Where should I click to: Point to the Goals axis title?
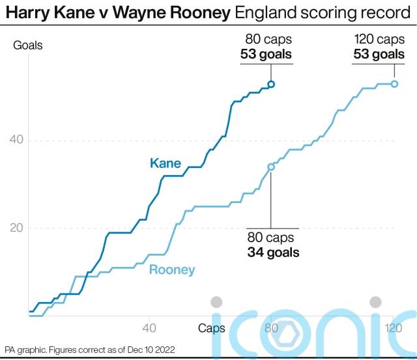pos(28,45)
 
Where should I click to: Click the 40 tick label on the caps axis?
pos(149,328)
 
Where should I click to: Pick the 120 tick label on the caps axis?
pos(393,328)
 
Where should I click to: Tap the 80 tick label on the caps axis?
pos(272,328)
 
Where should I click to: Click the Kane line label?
pos(165,163)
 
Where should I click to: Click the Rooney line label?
pos(172,270)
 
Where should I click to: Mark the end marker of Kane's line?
pos(272,84)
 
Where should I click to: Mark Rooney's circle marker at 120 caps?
pos(394,84)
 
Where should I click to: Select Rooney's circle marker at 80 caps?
pos(271,167)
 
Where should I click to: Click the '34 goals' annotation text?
pos(273,253)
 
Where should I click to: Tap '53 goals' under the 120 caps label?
pos(379,54)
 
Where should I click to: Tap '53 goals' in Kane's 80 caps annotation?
pos(266,54)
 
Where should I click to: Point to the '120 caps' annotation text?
pos(379,40)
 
